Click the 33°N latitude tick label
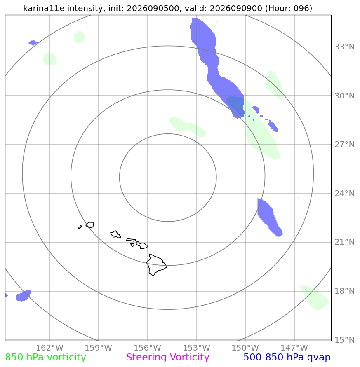[344, 47]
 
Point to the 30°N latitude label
[344, 96]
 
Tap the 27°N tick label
[344, 145]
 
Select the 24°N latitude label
[344, 193]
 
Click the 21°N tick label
[344, 242]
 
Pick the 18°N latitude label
[344, 291]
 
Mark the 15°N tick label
[344, 340]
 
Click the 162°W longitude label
[49, 348]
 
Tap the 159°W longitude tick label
[99, 348]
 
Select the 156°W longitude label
[147, 348]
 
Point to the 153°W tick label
[196, 348]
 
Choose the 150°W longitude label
[245, 348]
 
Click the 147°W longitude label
[294, 348]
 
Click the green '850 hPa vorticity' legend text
[45, 358]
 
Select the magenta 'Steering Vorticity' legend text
[167, 358]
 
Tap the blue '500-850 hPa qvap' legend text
[287, 358]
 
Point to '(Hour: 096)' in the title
[289, 8]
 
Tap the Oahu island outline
[115, 234]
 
